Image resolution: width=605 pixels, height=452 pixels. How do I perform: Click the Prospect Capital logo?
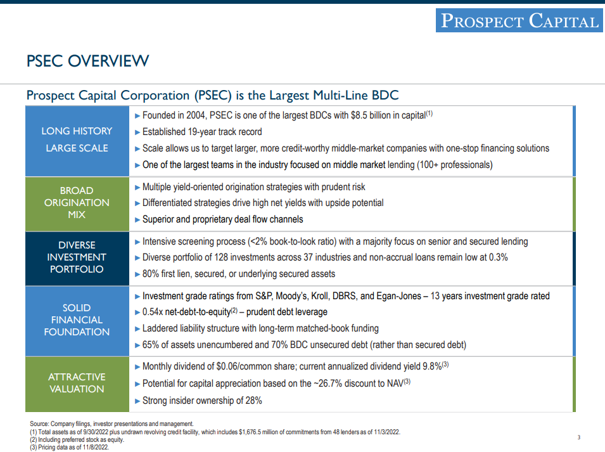pos(519,20)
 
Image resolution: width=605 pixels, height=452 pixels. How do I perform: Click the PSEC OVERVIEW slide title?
pos(87,61)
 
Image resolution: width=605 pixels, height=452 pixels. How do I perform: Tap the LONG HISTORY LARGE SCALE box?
pos(77,141)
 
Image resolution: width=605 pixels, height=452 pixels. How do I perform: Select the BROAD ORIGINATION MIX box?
pos(77,203)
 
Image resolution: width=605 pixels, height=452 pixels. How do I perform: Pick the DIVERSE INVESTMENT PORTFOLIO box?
pos(77,258)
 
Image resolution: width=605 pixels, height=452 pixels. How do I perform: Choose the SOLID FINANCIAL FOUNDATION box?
pos(77,321)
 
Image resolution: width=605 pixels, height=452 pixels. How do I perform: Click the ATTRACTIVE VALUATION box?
pos(77,384)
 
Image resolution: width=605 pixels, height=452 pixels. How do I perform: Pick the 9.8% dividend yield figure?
pos(432,366)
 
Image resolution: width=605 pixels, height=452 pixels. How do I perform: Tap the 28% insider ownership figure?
pos(253,401)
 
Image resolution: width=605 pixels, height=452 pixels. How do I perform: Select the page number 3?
pos(579,437)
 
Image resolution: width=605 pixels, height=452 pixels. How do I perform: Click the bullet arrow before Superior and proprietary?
pos(137,220)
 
